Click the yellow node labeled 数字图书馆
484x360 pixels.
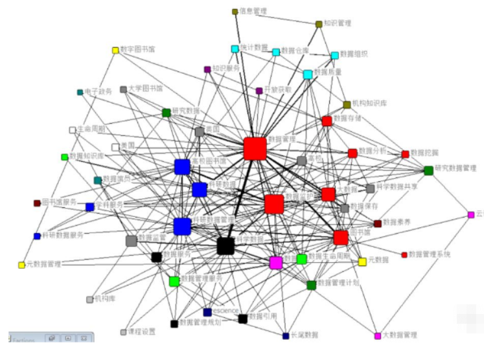[x=115, y=50]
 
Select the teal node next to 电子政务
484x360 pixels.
[x=80, y=92]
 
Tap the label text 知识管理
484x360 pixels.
[x=338, y=23]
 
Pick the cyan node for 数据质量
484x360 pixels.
[x=308, y=74]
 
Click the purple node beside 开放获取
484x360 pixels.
[x=259, y=91]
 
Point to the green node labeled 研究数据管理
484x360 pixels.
[x=428, y=170]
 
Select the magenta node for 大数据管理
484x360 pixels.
[x=378, y=335]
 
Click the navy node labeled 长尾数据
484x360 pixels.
[x=285, y=335]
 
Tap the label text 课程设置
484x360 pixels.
[x=143, y=332]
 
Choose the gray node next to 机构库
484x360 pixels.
[x=89, y=299]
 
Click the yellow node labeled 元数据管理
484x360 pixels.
[x=21, y=265]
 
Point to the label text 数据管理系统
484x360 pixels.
[x=429, y=254]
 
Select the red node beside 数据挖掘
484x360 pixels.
[x=406, y=154]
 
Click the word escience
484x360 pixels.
[x=226, y=311]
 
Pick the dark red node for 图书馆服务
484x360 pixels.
[x=37, y=203]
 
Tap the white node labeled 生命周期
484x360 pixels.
[x=73, y=129]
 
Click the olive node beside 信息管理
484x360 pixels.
[x=235, y=12]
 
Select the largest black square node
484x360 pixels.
[x=225, y=246]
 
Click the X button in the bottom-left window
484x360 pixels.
[x=84, y=339]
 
